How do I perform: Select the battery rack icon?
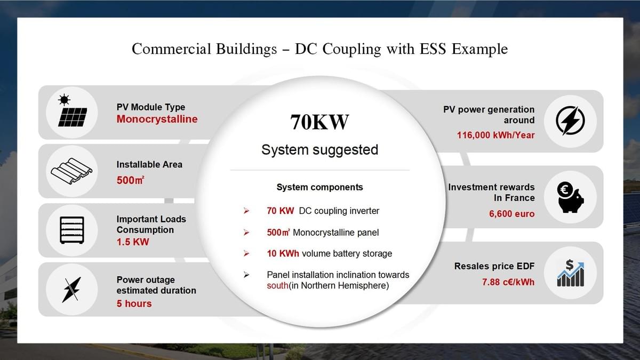[x=72, y=230]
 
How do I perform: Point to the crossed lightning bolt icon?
[x=71, y=289]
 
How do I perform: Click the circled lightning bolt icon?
[x=570, y=121]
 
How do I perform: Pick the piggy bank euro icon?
[x=570, y=197]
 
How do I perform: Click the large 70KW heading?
[x=319, y=122]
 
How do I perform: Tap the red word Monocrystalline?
[x=157, y=119]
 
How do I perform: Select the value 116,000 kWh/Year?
[x=495, y=135]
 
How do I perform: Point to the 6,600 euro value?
[x=511, y=214]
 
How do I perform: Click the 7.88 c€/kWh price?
[x=508, y=282]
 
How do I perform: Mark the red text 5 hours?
[x=134, y=303]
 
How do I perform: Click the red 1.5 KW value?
[x=133, y=242]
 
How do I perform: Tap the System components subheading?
[x=319, y=187]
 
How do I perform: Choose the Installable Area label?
[x=149, y=164]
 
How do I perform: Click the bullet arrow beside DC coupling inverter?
[x=246, y=211]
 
